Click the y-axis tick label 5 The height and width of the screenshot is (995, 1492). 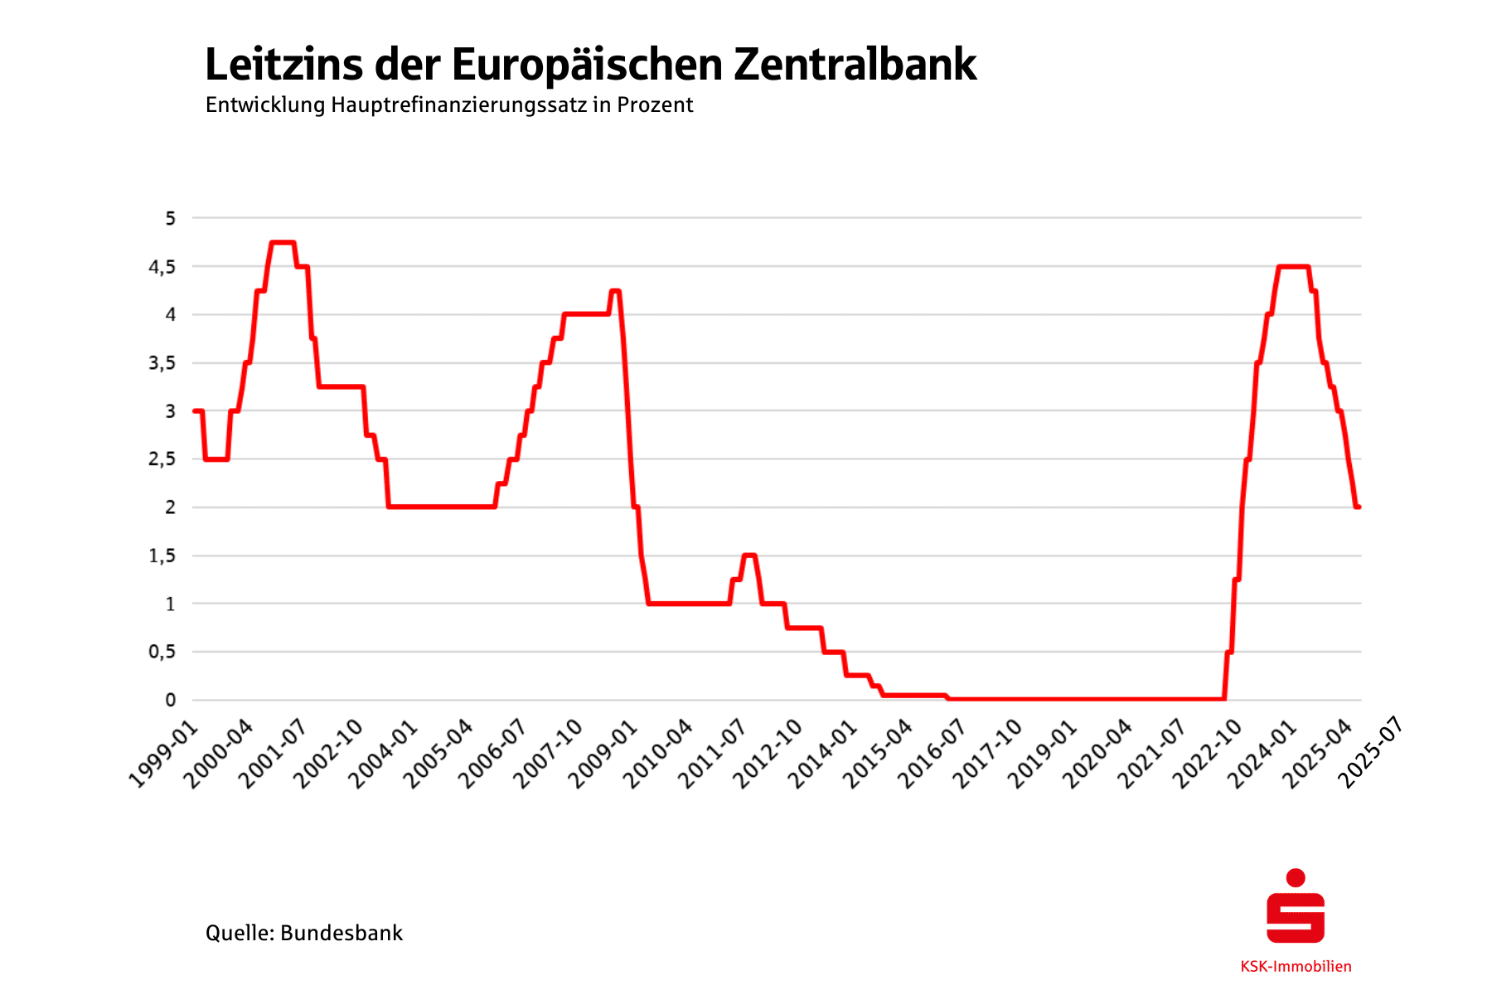coord(171,219)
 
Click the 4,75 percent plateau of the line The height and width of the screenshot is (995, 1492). coord(282,243)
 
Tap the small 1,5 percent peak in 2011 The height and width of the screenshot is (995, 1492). coord(749,556)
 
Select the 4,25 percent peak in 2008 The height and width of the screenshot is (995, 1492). coord(615,291)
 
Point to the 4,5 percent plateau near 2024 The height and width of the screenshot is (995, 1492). coord(1293,267)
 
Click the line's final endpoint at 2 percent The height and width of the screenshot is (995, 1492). coord(1359,507)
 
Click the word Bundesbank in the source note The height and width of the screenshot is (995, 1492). coord(342,933)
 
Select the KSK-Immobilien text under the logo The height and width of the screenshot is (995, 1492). coord(1296,967)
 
